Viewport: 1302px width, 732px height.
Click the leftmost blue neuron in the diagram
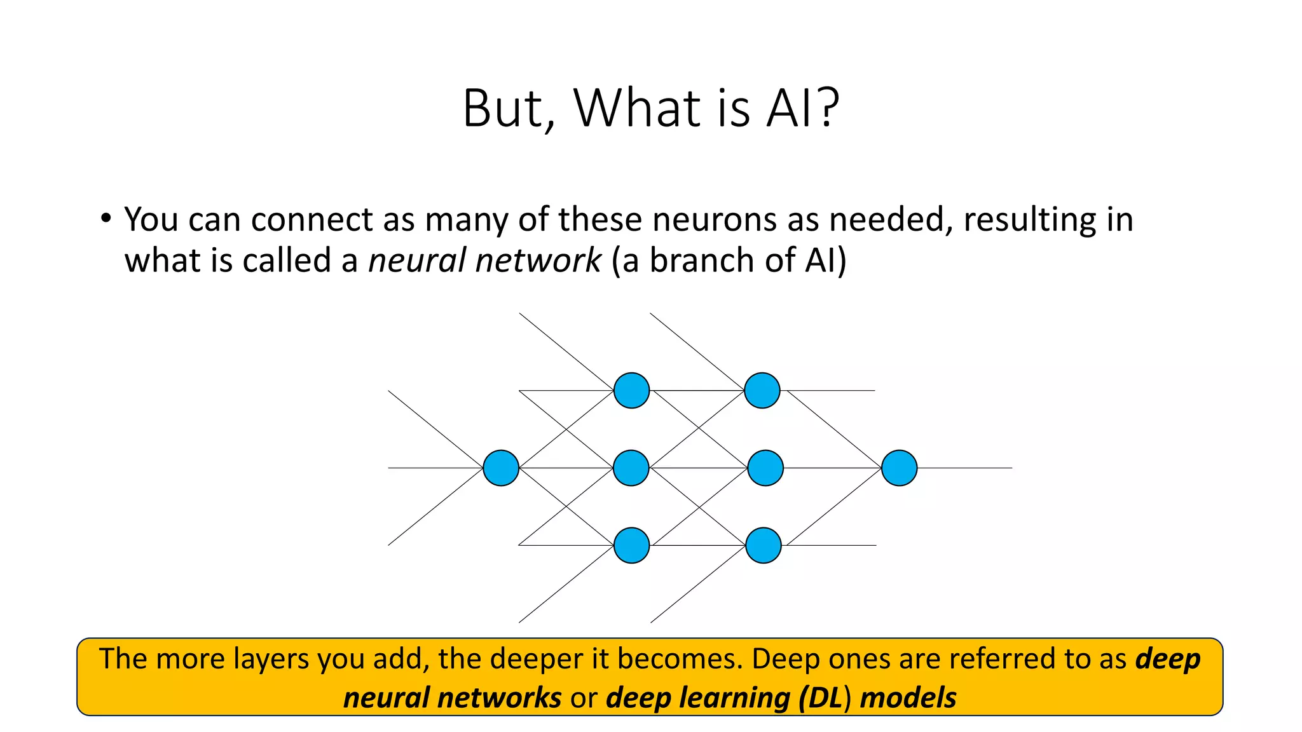click(x=501, y=468)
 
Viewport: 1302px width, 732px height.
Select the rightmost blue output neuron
click(x=899, y=468)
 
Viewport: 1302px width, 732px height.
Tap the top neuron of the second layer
click(x=631, y=390)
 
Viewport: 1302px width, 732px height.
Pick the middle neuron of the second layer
click(x=631, y=468)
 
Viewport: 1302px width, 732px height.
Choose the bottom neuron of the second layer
click(x=631, y=545)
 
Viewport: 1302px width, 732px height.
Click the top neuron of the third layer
click(x=762, y=390)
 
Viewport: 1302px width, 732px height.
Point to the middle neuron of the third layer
click(x=765, y=468)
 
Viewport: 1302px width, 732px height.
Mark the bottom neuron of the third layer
click(x=763, y=545)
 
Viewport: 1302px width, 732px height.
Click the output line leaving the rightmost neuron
click(x=966, y=468)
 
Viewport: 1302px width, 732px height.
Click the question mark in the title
click(x=827, y=108)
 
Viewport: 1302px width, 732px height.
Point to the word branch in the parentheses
click(x=702, y=261)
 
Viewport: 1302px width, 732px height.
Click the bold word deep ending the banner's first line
click(x=1168, y=659)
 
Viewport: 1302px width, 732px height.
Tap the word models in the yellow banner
click(x=908, y=698)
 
